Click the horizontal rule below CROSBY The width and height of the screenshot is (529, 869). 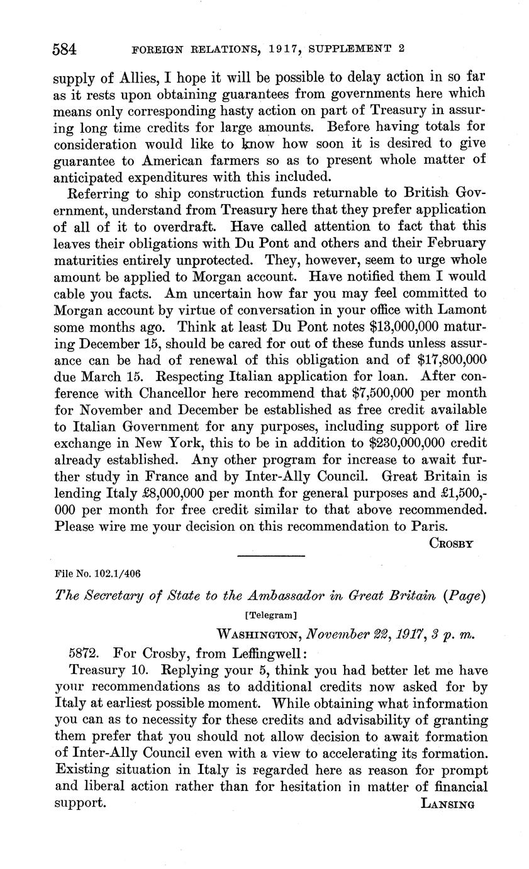(270, 555)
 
